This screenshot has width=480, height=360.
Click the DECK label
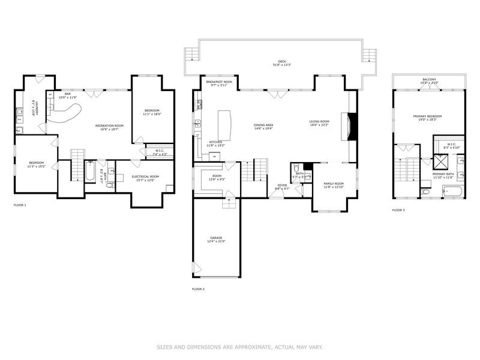click(x=282, y=61)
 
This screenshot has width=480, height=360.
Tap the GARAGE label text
click(x=216, y=238)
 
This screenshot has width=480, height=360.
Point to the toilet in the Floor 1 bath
click(x=110, y=184)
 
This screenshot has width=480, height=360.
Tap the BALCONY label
click(x=429, y=79)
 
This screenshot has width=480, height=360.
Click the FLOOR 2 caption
click(x=198, y=289)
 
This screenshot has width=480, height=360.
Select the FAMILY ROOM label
click(x=333, y=184)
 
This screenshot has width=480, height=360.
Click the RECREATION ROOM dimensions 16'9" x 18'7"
click(x=109, y=129)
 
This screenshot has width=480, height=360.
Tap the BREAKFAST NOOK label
click(x=219, y=82)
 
